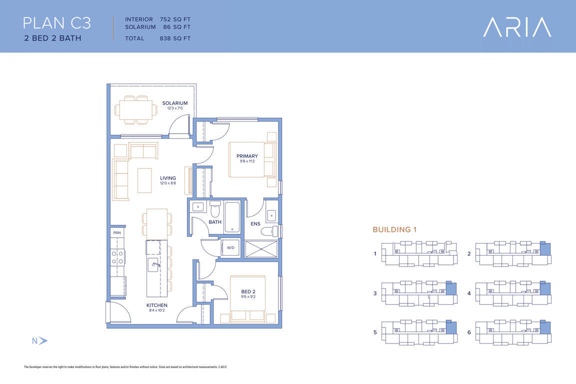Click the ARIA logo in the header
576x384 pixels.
(517, 27)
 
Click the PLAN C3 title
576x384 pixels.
(57, 23)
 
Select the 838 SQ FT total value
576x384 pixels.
(175, 38)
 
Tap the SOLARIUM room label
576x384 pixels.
(175, 103)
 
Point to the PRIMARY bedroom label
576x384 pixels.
(247, 156)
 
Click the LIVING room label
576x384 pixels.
(168, 178)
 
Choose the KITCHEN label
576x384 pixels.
(157, 305)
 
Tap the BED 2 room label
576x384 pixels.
(248, 292)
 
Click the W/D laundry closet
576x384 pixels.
(230, 247)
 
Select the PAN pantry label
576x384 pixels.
(117, 232)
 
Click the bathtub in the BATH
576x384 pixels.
(232, 217)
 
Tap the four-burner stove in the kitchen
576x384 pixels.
(117, 257)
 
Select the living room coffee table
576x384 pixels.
(144, 180)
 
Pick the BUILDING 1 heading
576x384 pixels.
(394, 229)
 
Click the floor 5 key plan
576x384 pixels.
(419, 332)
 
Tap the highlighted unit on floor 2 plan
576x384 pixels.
(545, 249)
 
